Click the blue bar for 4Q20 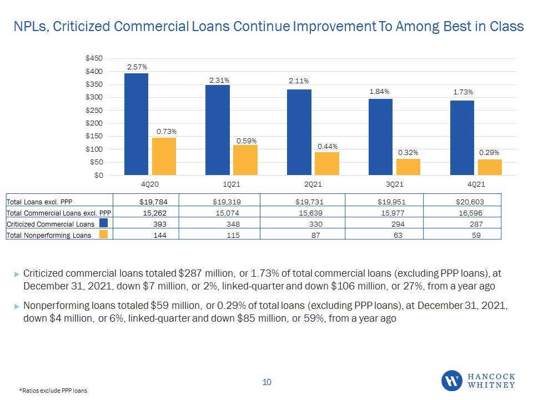coord(136,124)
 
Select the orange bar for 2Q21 coord(326,163)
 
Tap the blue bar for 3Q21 coord(380,137)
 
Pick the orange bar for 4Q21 coord(490,167)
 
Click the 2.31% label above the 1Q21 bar coord(219,80)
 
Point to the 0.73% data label coord(167,131)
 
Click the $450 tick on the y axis coord(94,58)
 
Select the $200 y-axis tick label coord(94,123)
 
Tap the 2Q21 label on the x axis coord(313,184)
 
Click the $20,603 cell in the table coord(470,202)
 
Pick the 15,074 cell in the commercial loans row coord(228,213)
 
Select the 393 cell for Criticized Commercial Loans coord(160,224)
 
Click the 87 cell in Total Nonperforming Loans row coord(316,236)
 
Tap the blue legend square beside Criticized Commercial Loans coord(104,223)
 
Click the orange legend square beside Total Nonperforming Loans coord(104,234)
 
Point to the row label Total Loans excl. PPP coord(39,202)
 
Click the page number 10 coord(267,382)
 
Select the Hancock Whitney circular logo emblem coord(452,381)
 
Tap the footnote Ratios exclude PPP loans coord(53,391)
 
